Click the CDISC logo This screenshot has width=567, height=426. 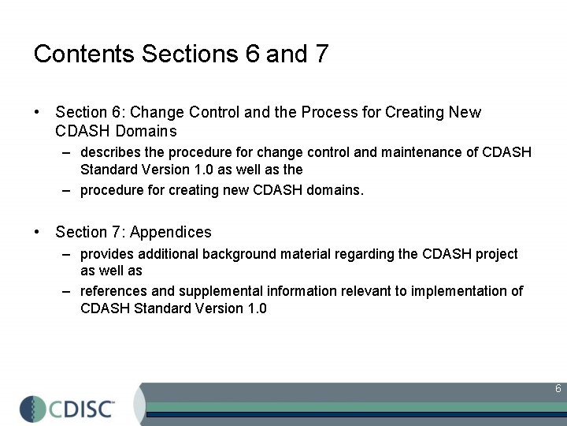click(x=69, y=407)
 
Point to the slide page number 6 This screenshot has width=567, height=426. click(x=558, y=389)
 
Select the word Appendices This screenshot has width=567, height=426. click(x=171, y=232)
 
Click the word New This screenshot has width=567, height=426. click(x=465, y=112)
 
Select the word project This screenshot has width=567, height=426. click(x=496, y=254)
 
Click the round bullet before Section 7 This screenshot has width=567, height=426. click(x=38, y=232)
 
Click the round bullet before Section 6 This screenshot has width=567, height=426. click(x=38, y=112)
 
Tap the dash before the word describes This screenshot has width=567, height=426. click(x=69, y=151)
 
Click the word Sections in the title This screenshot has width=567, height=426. click(x=190, y=54)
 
